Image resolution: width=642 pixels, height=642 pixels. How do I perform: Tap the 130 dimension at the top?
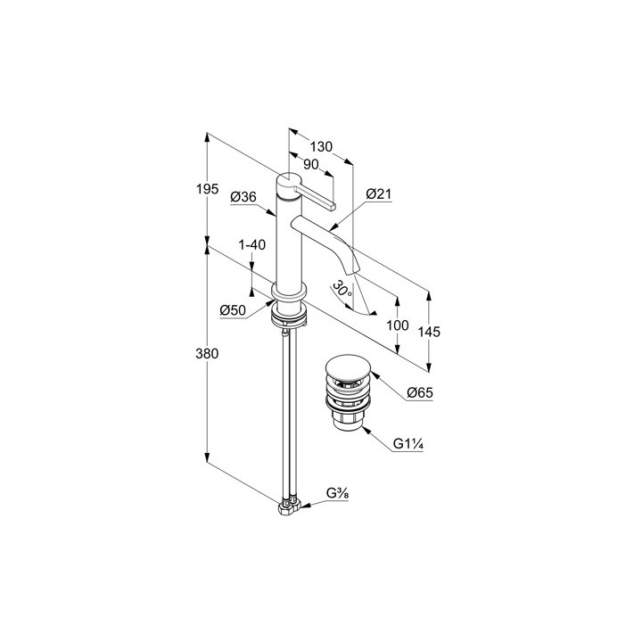(322, 146)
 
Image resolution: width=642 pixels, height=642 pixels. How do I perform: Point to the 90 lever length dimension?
(311, 164)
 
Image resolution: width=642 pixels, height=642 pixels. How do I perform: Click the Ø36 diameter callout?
(243, 197)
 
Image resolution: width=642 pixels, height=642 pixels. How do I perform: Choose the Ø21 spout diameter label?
(378, 193)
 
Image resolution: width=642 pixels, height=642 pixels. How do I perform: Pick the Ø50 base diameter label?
(234, 309)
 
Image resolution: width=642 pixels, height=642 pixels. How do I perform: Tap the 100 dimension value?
(399, 325)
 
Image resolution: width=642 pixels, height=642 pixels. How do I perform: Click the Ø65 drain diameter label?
(419, 393)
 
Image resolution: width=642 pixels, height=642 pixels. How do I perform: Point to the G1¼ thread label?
(408, 443)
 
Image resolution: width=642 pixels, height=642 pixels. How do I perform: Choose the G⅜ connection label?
(336, 493)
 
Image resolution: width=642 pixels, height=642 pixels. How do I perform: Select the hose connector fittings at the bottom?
(286, 508)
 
